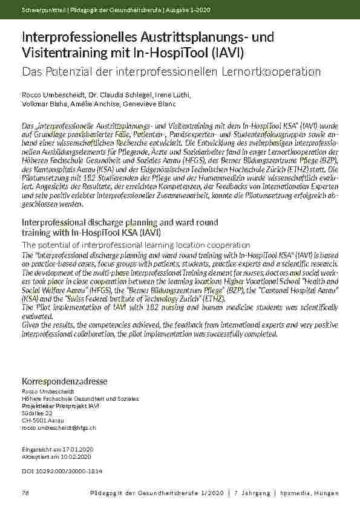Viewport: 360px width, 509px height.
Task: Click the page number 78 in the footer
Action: tap(25, 494)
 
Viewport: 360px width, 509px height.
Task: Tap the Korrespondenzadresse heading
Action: tap(64, 381)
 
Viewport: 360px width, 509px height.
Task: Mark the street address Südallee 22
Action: tap(37, 413)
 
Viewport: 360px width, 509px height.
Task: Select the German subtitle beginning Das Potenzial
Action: tap(171, 71)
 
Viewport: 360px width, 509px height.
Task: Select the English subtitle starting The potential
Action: tap(136, 245)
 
